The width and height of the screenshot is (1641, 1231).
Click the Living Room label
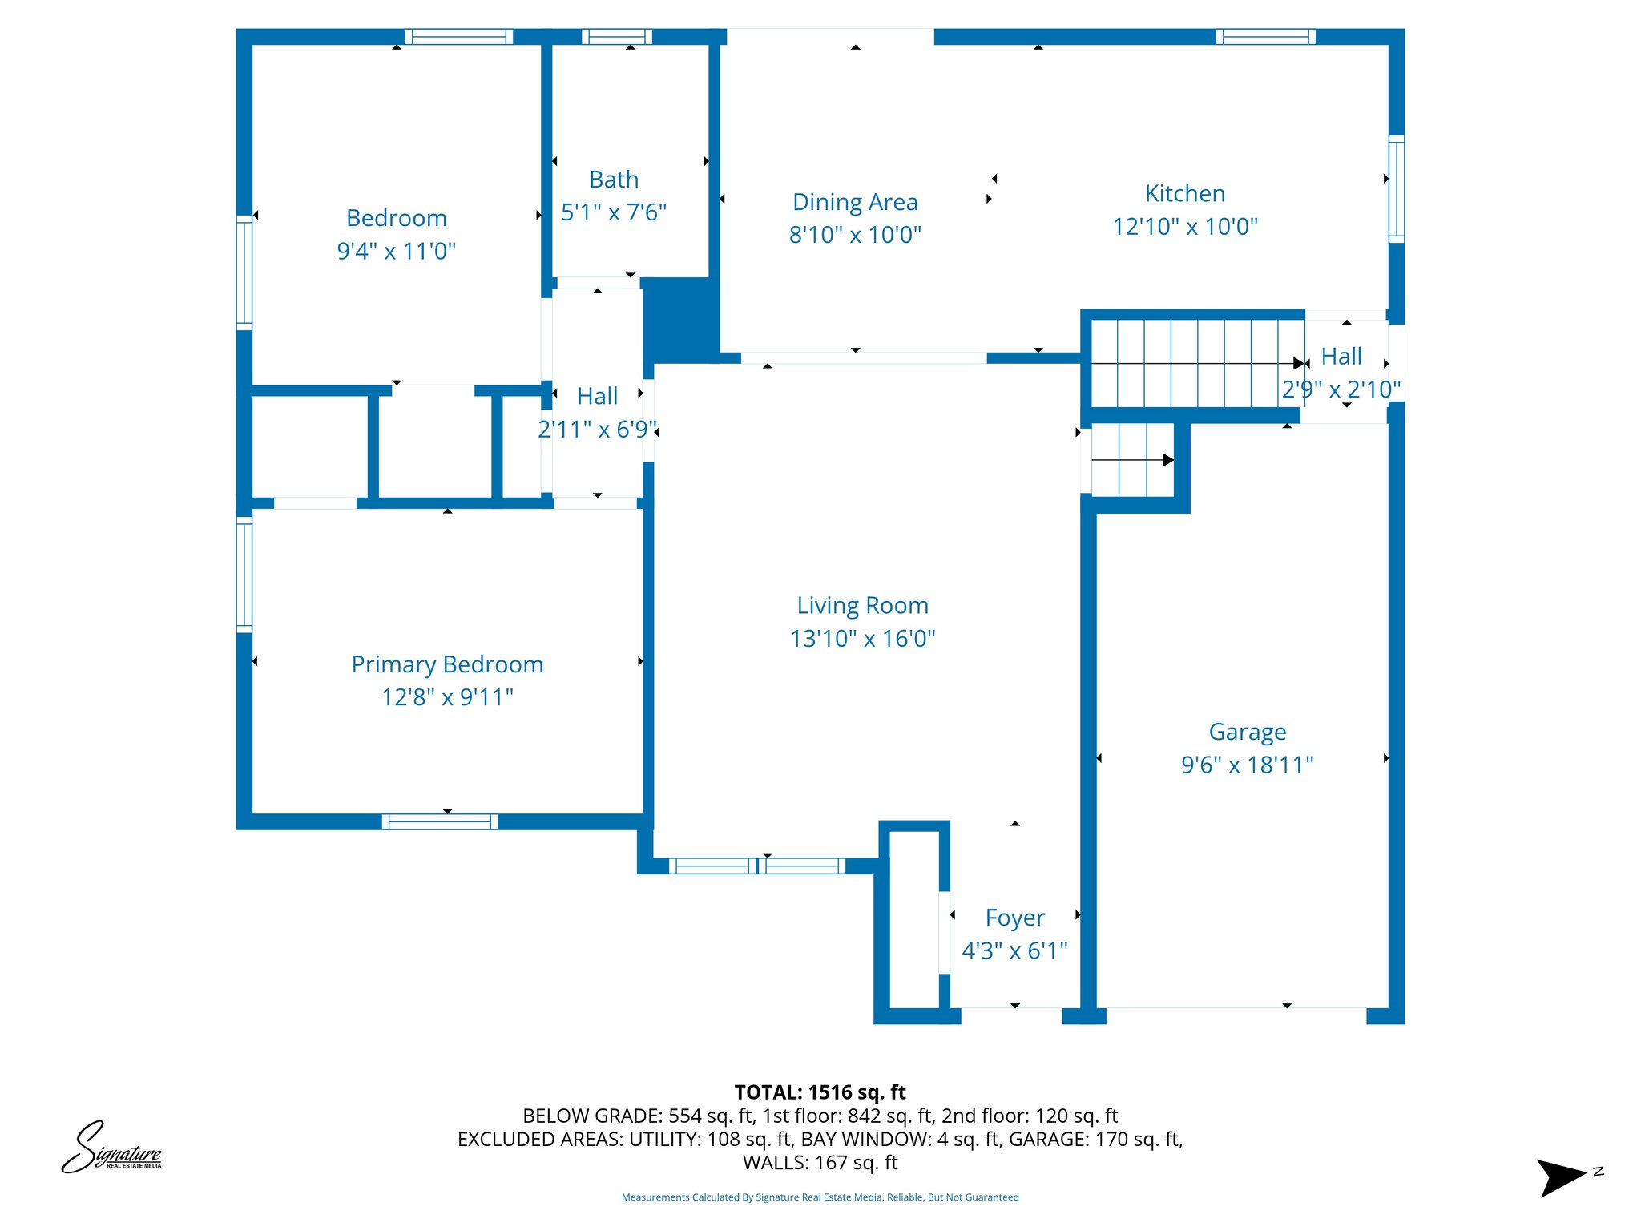[x=862, y=605]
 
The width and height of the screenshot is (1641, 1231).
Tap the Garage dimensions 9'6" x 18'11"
[x=1247, y=765]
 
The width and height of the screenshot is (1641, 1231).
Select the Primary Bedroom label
[x=447, y=664]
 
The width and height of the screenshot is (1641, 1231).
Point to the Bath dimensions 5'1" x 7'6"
[x=614, y=212]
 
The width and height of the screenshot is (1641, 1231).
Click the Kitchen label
[x=1184, y=193]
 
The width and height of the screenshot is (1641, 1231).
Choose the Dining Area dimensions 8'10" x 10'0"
[x=855, y=235]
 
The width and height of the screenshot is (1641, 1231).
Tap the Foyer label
[x=1014, y=918]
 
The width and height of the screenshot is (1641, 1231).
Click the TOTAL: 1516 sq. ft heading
[x=820, y=1092]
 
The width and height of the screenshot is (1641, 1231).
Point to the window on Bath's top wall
[x=616, y=37]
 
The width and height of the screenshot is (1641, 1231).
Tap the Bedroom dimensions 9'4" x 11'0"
[x=396, y=251]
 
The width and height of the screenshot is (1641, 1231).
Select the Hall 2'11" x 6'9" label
[x=597, y=397]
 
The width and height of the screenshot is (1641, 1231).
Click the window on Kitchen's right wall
[x=1396, y=189]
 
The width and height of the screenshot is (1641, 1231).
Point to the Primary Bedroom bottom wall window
[x=439, y=821]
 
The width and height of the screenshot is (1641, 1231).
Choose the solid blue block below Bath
[x=680, y=319]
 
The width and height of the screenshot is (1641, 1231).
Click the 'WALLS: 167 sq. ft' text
[x=820, y=1163]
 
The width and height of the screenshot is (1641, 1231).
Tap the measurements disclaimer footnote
[x=820, y=1197]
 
